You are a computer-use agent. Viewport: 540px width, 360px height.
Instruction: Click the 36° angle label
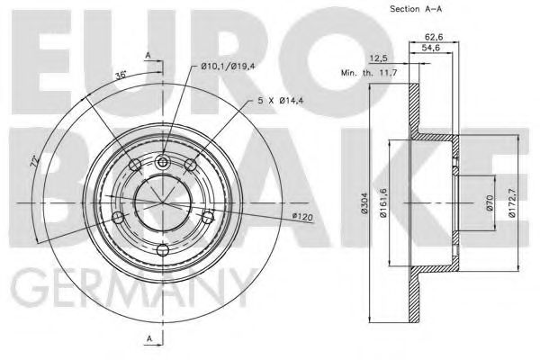[120, 75]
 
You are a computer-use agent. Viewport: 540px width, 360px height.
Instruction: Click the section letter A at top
[148, 56]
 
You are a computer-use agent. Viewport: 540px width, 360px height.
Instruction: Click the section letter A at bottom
[148, 337]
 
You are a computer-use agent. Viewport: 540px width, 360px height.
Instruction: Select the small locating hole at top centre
[163, 163]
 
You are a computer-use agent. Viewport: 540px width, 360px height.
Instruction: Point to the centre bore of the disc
[163, 206]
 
